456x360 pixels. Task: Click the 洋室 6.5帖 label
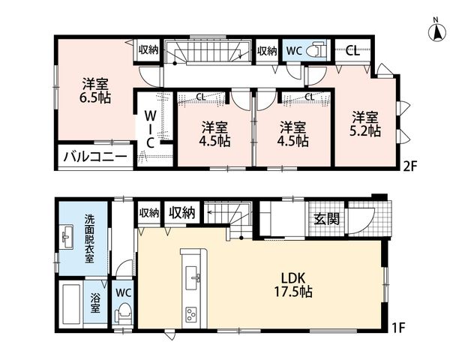(95, 91)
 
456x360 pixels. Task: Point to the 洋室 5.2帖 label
(365, 124)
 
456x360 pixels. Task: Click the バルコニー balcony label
(96, 157)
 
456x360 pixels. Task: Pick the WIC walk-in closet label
(150, 130)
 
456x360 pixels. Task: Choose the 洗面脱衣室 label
(89, 238)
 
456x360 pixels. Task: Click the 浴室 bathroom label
(94, 303)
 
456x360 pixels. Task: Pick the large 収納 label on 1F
(182, 213)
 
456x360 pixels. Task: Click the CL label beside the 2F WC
(352, 52)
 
